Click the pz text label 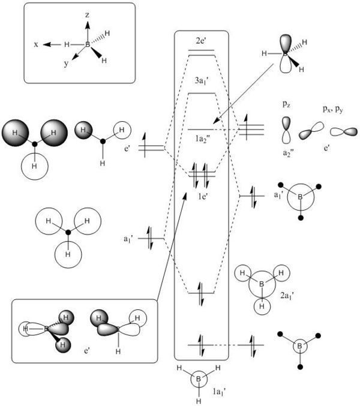[x=286, y=104]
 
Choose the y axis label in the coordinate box [x=67, y=63]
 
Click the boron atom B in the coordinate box [x=88, y=44]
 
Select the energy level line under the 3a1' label [x=202, y=94]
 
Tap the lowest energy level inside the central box [x=202, y=345]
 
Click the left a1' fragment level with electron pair [x=151, y=239]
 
